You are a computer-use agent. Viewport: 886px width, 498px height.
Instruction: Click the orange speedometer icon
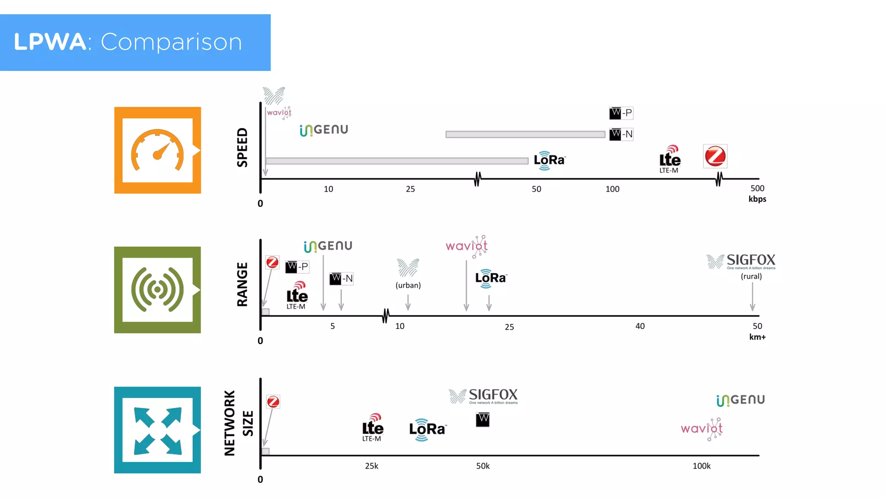tap(157, 150)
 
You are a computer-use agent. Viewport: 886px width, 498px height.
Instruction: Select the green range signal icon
tap(157, 290)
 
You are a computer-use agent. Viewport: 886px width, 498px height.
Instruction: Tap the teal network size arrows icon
tap(157, 430)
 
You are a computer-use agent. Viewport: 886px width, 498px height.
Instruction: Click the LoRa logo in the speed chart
tap(549, 160)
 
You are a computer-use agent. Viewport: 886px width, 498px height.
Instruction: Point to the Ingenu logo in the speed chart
tap(324, 130)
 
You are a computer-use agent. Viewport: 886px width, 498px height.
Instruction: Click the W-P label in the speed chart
tap(621, 113)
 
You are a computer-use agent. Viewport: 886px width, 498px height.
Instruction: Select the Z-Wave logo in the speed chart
tap(715, 156)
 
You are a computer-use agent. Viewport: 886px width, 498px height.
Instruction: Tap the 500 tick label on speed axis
tap(757, 188)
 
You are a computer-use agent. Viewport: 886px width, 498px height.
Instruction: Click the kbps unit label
tap(757, 199)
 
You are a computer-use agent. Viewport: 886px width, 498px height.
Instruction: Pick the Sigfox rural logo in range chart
tap(741, 262)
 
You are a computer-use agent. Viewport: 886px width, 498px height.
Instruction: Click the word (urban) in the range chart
tap(408, 285)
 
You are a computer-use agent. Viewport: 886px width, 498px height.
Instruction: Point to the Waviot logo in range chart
tap(467, 246)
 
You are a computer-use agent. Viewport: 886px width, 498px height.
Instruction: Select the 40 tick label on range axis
tap(640, 326)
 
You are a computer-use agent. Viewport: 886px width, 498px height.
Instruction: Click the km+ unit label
tap(757, 337)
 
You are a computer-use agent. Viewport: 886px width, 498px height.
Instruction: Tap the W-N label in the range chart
tap(341, 279)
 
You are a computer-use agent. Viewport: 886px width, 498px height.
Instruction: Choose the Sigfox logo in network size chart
tap(483, 396)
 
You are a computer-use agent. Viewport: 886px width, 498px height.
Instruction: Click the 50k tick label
tap(483, 466)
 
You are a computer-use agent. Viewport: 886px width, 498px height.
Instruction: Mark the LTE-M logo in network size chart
tap(372, 428)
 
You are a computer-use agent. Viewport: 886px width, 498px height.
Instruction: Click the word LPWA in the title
tap(50, 42)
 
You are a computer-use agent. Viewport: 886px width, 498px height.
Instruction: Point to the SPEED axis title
tap(242, 147)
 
